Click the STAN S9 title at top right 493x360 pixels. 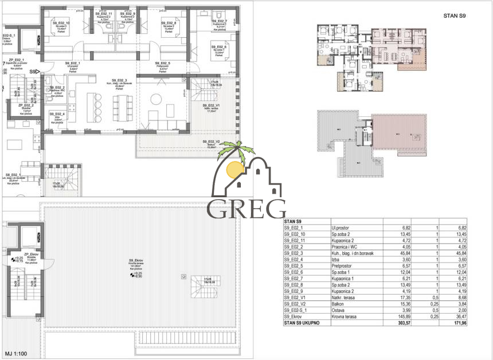point(454,17)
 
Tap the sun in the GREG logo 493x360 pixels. point(234,169)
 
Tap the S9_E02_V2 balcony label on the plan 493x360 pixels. point(212,141)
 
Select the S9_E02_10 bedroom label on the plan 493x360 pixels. point(60,23)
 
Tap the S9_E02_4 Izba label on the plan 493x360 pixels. point(57,114)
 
